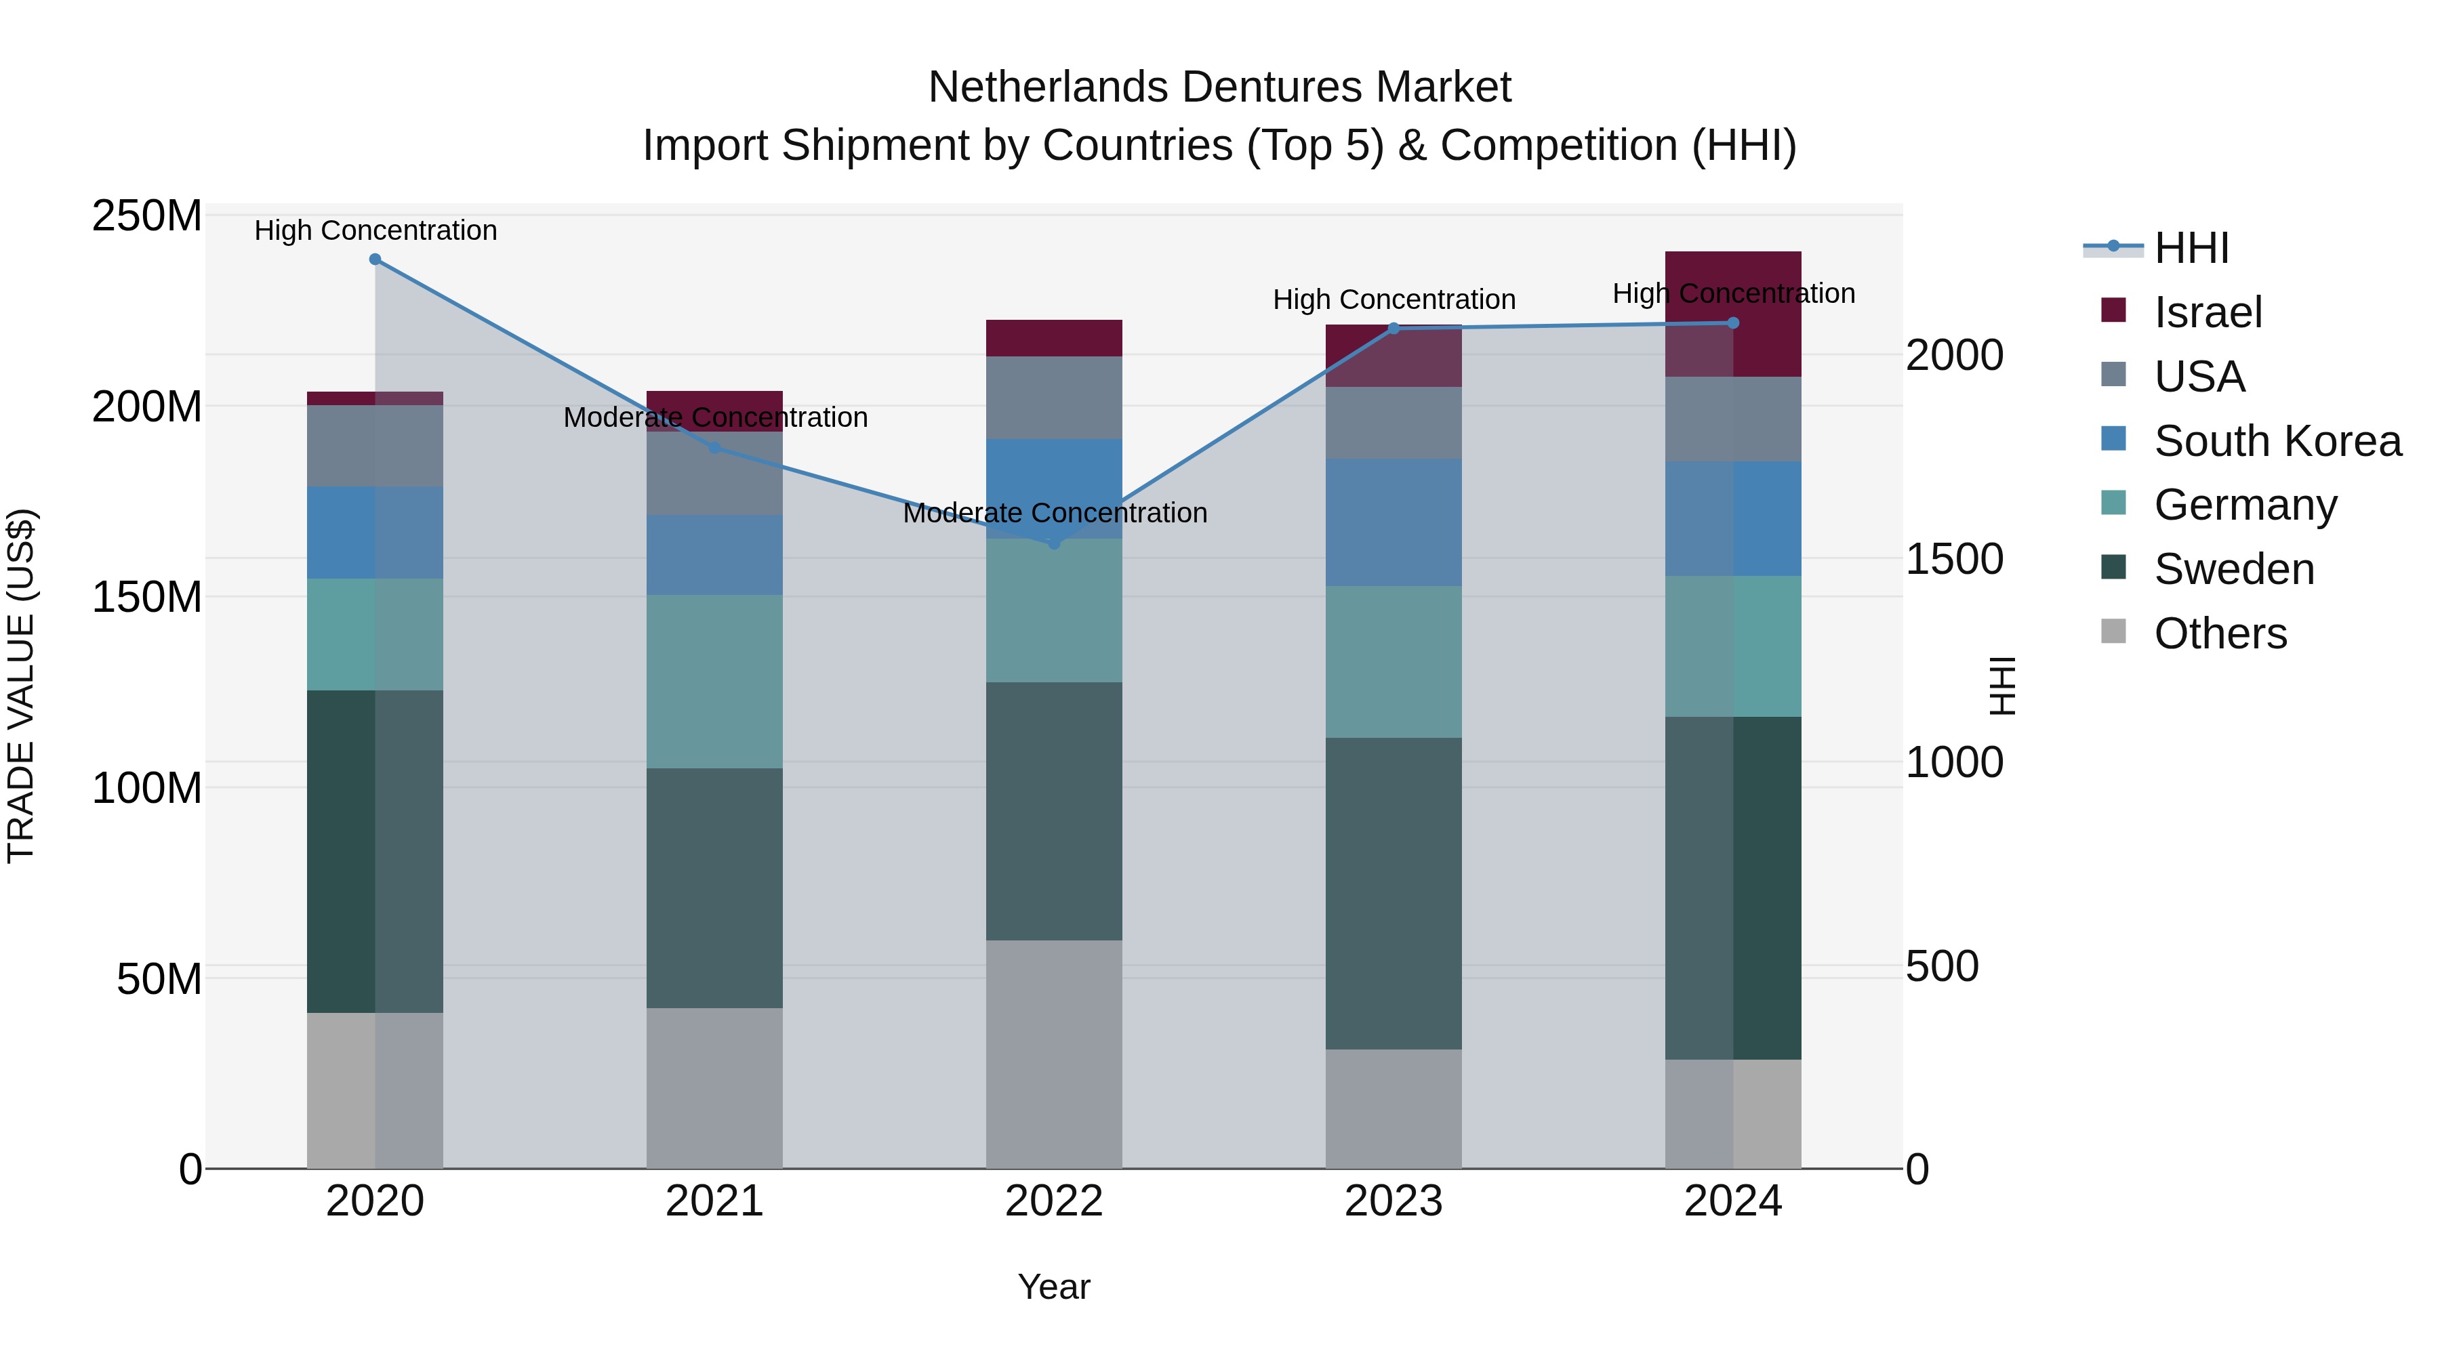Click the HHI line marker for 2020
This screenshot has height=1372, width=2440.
click(375, 259)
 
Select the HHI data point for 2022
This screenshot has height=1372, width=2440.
click(1054, 543)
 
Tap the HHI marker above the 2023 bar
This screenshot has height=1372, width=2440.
click(1394, 329)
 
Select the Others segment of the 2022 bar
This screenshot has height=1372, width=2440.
click(1054, 1053)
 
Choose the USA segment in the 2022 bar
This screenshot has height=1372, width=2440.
click(1054, 398)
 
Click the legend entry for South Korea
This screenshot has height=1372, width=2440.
click(2277, 441)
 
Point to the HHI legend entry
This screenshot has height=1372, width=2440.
click(2191, 248)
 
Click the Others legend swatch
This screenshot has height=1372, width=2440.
click(2113, 631)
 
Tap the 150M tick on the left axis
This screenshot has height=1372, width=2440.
click(147, 598)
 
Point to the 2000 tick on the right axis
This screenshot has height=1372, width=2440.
click(1954, 356)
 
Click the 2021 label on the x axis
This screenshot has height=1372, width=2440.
click(714, 1201)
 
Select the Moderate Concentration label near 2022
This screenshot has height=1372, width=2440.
click(1054, 513)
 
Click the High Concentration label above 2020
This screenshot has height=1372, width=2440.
click(375, 230)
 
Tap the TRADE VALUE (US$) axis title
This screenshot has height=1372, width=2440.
click(21, 686)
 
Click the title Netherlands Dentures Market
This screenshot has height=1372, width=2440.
click(1219, 87)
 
